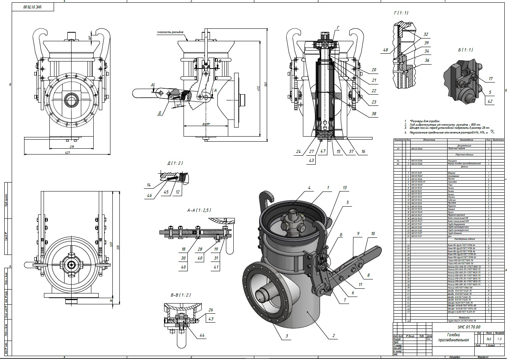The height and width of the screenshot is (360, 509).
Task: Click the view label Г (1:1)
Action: coord(401,13)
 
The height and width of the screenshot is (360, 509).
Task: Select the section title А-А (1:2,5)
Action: coord(199,211)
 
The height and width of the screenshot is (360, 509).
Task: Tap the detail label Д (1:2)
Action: coord(175,163)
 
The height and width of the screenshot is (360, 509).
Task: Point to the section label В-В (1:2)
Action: coord(180,295)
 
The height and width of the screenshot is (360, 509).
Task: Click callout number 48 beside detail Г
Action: coord(386,50)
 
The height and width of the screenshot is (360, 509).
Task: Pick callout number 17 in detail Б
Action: coord(491,79)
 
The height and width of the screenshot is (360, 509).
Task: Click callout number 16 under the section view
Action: coord(363,152)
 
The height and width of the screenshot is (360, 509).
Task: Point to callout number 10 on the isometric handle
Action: coord(373,234)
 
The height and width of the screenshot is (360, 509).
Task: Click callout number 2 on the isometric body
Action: coord(333,335)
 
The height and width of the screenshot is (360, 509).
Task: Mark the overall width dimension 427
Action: coord(68,153)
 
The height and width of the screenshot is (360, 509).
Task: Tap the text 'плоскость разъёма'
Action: coord(170,32)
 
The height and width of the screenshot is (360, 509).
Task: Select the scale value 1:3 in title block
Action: coord(499,339)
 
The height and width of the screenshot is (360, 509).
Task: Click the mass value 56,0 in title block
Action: coord(489,339)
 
